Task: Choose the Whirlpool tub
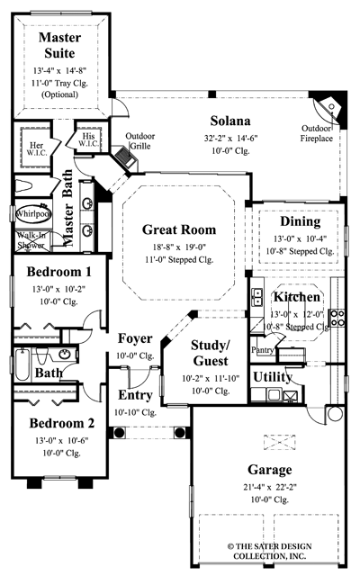coord(32,214)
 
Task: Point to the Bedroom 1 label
coord(58,271)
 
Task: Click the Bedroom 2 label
coord(60,423)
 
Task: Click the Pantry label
coord(262,348)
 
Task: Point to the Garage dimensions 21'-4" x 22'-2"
coord(269,486)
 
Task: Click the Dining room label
coord(300,221)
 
